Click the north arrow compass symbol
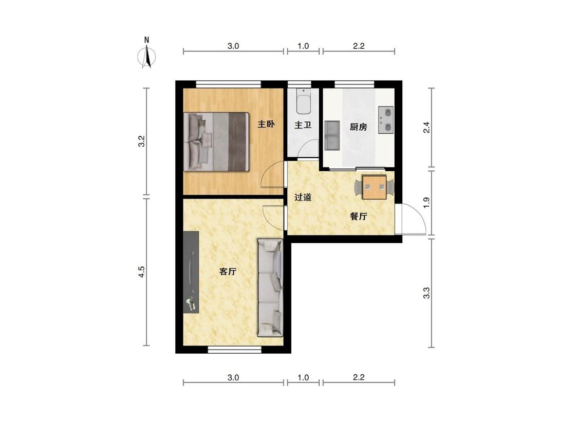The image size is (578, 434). point(147,53)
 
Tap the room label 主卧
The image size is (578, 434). point(266,124)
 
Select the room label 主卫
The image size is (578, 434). point(303,125)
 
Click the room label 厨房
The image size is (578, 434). point(358,128)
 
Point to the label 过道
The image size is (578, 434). point(303,197)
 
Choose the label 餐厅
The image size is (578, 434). point(358,216)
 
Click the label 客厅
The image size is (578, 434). point(228,272)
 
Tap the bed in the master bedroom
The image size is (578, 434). point(216,142)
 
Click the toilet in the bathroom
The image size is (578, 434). point(304,101)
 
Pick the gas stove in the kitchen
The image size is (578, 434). point(386,119)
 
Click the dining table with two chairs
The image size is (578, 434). point(374,188)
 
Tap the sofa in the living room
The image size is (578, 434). point(270,288)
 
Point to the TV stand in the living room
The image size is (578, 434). point(191,273)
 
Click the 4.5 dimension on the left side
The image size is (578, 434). point(142,272)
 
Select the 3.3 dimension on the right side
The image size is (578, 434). point(426,293)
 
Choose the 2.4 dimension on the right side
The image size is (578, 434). point(426,128)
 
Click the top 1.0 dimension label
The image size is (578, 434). point(303,46)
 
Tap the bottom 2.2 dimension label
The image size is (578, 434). point(359,377)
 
